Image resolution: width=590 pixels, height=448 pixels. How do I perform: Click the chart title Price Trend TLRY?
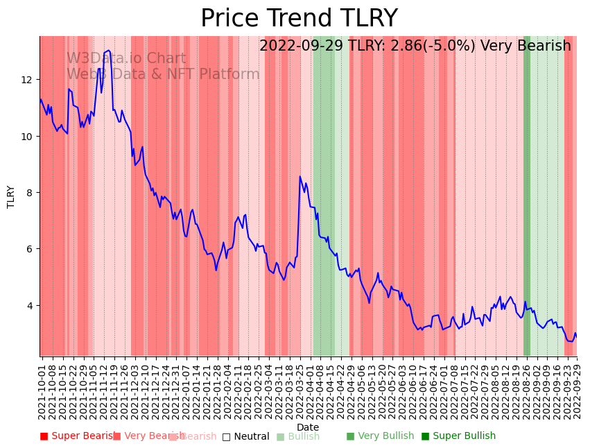(299, 18)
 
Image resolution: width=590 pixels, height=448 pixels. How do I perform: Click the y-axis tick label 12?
(26, 80)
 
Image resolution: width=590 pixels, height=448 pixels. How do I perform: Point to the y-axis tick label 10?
(26, 136)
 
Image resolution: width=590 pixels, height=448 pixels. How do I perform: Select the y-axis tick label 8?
(29, 193)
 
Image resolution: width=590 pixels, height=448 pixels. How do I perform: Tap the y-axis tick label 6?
(29, 249)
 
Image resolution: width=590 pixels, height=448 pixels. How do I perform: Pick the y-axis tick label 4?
(29, 305)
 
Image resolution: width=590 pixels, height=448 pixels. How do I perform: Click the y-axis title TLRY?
(11, 196)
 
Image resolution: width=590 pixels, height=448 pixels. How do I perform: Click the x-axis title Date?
(308, 427)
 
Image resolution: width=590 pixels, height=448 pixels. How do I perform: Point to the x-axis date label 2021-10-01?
(42, 392)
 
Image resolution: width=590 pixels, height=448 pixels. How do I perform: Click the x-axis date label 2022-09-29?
(577, 392)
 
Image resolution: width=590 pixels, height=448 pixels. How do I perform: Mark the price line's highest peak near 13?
(108, 51)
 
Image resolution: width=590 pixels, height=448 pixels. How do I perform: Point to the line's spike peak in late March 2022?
(300, 177)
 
